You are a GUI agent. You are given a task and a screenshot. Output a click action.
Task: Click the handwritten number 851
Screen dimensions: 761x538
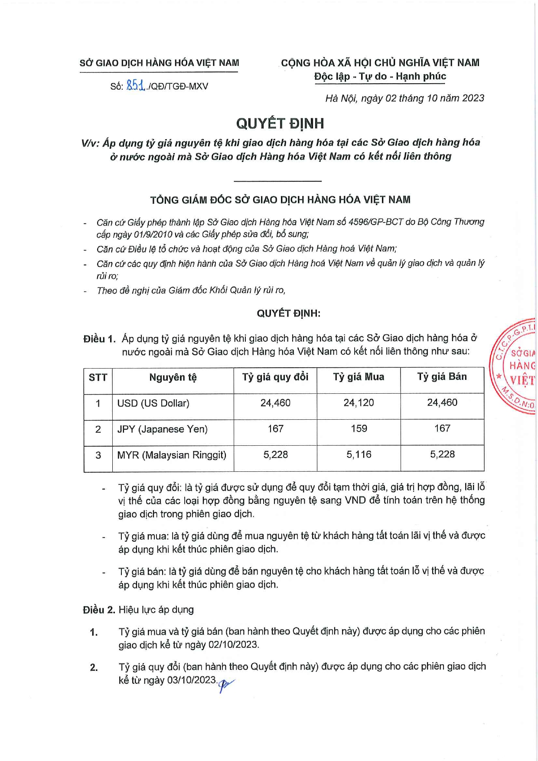[x=135, y=85]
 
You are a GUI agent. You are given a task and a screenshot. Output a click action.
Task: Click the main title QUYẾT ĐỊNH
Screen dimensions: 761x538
[x=280, y=124]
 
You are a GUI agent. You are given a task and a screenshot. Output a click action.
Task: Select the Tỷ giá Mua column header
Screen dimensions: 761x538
[x=359, y=377]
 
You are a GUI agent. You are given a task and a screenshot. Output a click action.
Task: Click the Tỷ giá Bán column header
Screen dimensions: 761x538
[x=442, y=377]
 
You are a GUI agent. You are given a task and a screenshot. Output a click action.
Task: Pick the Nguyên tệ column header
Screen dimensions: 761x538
[x=173, y=377]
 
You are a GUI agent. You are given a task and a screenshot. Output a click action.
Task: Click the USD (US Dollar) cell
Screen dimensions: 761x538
[x=153, y=403]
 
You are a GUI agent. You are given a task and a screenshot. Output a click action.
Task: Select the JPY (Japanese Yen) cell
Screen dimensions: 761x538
[x=162, y=429]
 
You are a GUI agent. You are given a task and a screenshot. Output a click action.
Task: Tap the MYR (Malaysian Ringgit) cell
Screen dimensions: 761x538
[x=172, y=455]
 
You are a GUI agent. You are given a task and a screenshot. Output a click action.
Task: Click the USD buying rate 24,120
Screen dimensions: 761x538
[x=359, y=403]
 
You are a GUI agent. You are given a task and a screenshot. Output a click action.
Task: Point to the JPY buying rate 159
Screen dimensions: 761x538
[x=359, y=429]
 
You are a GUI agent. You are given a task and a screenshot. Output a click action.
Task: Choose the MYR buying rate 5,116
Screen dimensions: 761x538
[x=359, y=455]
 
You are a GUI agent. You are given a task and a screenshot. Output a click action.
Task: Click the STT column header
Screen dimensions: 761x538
[x=98, y=377]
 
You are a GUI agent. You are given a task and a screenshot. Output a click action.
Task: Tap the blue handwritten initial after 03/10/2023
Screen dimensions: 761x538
[x=225, y=685]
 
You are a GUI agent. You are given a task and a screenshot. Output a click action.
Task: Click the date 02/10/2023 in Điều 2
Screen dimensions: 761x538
[x=233, y=645]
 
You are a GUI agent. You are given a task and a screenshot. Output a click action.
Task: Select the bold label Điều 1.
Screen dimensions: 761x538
[x=99, y=339]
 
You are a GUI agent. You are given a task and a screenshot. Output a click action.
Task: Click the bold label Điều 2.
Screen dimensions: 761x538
[x=99, y=610]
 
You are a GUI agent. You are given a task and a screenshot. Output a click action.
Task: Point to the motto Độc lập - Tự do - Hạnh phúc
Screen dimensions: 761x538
[x=380, y=76]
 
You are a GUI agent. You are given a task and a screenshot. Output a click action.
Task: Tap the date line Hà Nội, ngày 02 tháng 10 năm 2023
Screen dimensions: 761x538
[x=404, y=98]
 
